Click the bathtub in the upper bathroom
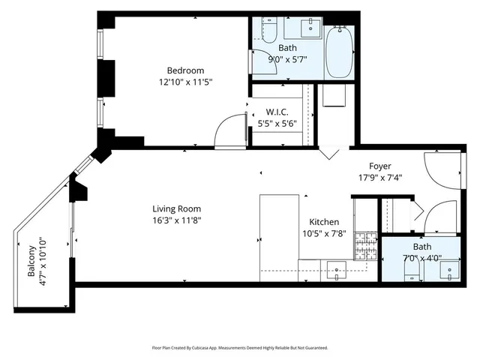point(339,51)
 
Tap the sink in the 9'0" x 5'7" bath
point(310,29)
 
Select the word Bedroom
point(186,71)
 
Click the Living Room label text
point(176,208)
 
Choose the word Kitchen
point(324,222)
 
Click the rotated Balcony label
point(32,263)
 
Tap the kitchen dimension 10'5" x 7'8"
point(324,233)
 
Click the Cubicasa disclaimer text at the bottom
point(240,348)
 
